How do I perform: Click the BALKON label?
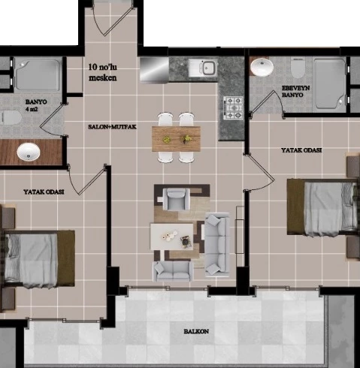point(196,331)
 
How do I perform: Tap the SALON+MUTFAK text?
point(112,127)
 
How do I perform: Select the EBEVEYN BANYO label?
point(295,92)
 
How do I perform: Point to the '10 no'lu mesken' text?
point(103,72)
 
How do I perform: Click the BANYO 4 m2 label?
point(36,105)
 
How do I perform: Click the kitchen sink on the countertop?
point(203,68)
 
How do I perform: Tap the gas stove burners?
point(233,108)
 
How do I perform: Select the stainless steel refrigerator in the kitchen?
point(154,70)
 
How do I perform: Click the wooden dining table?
point(176,139)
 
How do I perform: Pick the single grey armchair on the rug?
point(176,199)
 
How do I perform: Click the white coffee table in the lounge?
point(171,237)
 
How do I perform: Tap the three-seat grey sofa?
point(217,244)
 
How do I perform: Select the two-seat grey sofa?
point(173,270)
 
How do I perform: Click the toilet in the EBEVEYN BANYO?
point(298,68)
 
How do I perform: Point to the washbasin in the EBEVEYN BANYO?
point(262,67)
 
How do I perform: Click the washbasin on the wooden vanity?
point(29,152)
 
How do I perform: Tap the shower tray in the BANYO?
point(37,74)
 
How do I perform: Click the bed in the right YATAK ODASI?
point(322,207)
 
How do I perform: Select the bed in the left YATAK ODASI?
point(38,259)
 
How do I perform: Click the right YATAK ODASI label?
point(301,150)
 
